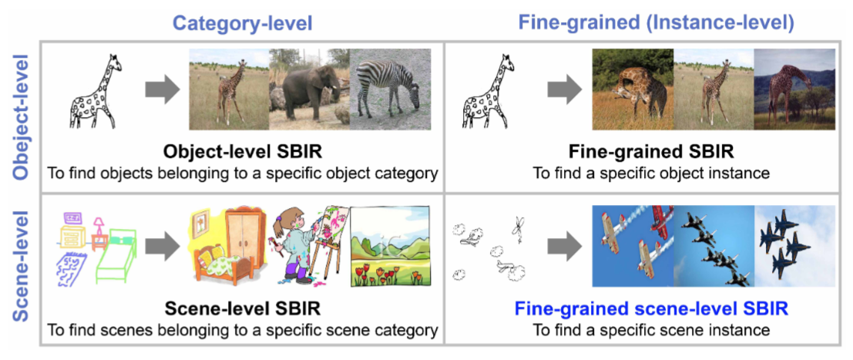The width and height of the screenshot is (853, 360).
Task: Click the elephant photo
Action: (x=309, y=89)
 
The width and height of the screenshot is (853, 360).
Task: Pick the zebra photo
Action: (x=390, y=89)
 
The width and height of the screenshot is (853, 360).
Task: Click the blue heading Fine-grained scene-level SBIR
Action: (x=652, y=309)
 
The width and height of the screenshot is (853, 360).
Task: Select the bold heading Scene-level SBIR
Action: (x=242, y=309)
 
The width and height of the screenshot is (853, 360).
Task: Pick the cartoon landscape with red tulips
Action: (x=390, y=246)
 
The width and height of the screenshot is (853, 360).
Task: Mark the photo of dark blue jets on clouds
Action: (x=794, y=246)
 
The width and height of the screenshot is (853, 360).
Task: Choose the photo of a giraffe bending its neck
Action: (x=633, y=89)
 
